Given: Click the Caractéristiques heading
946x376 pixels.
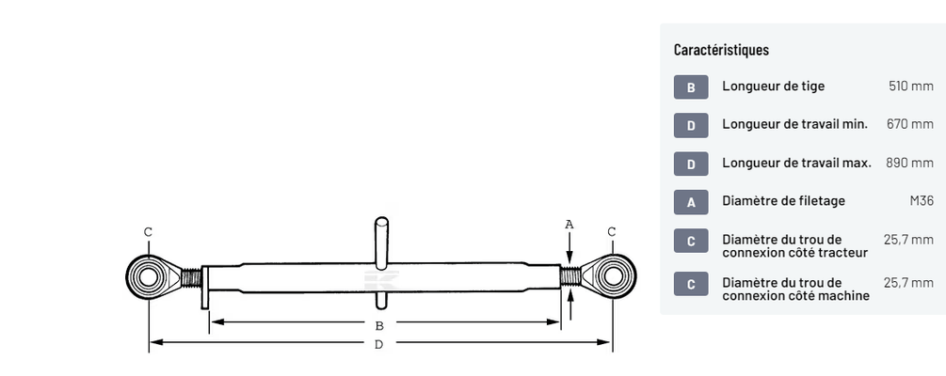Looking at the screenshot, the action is (x=721, y=50).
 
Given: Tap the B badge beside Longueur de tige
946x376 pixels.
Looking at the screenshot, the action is (x=691, y=86).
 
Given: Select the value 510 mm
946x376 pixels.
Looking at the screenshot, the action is (x=910, y=86).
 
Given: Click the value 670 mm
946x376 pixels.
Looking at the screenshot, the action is (x=910, y=124).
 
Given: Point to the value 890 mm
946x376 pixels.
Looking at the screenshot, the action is (x=910, y=163).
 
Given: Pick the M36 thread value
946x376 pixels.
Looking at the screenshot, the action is (x=922, y=200).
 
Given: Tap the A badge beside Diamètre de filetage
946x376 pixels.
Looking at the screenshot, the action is (x=691, y=202).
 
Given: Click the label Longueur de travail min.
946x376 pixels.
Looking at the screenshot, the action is (x=794, y=124).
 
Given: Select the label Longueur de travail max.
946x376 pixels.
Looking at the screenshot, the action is (x=796, y=163).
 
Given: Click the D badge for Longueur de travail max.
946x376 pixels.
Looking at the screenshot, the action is (x=691, y=164).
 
